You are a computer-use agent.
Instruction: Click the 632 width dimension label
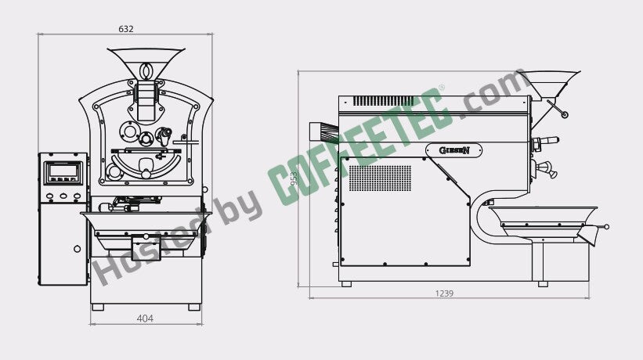(126, 29)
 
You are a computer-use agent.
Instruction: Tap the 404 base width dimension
(145, 319)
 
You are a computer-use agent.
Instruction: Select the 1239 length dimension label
(444, 293)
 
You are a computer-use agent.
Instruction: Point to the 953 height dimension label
(294, 178)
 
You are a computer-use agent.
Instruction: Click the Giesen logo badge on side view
(454, 150)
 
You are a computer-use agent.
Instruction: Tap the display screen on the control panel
(63, 172)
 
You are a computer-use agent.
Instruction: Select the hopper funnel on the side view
(549, 84)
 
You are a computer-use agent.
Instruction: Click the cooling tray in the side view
(543, 221)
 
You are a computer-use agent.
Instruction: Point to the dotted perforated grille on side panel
(380, 178)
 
